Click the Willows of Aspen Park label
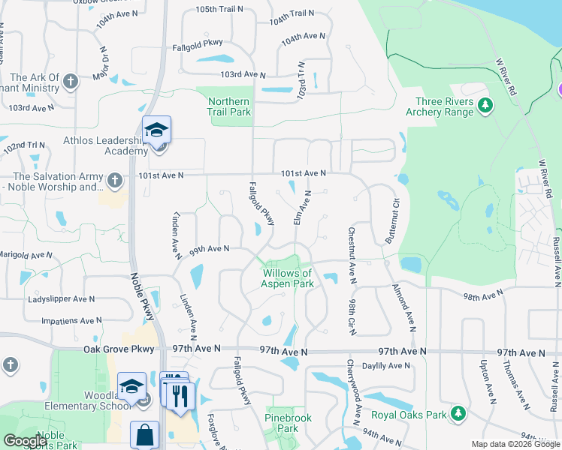pos(287,279)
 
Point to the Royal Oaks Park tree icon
pos(457,412)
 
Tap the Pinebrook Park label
pos(282,424)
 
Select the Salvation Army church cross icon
pos(114,180)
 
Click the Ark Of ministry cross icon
pos(70,81)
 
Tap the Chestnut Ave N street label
pos(351,256)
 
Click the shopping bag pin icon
pos(144,435)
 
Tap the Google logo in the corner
pos(24,441)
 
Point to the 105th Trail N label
pos(219,10)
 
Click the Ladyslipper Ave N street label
pos(61,298)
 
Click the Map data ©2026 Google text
pos(515,444)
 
